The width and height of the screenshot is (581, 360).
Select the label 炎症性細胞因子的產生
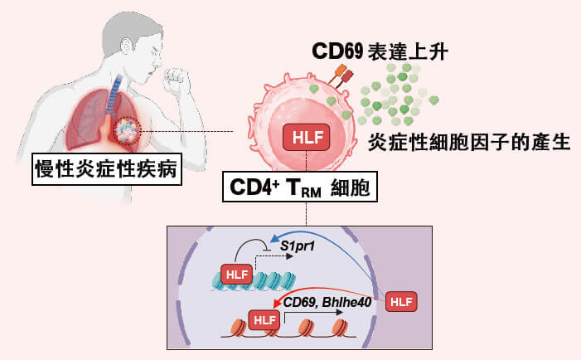(x=469, y=141)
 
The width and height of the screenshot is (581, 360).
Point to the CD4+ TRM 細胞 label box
(x=299, y=186)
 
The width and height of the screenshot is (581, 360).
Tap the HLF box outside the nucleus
(x=402, y=300)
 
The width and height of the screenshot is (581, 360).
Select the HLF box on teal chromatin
(x=236, y=274)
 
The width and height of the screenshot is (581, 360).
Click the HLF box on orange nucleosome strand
(x=264, y=319)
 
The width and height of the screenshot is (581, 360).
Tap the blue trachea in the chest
(x=115, y=86)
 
